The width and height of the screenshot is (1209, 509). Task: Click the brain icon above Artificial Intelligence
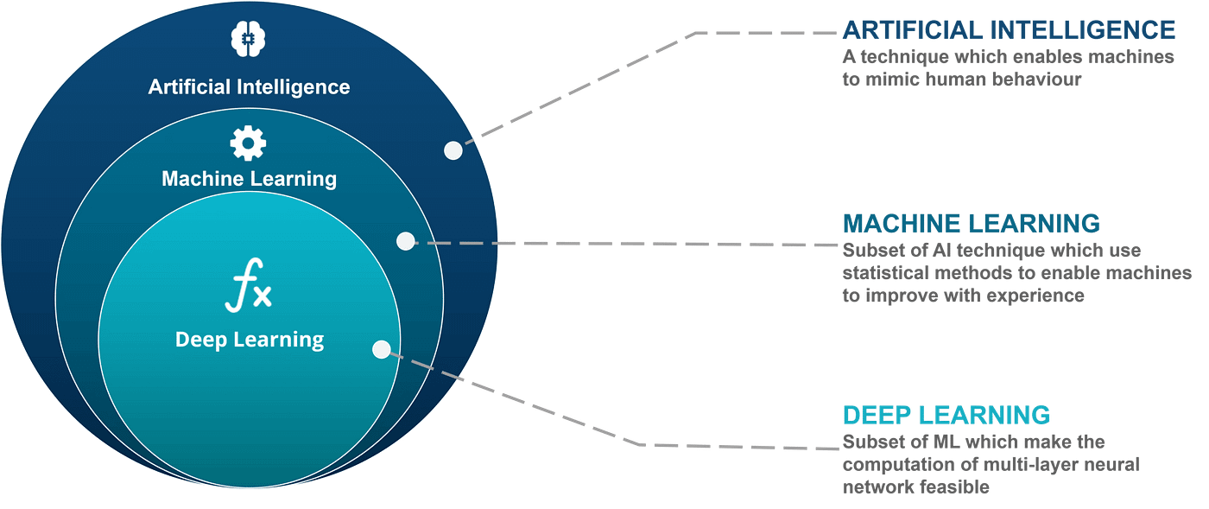(248, 38)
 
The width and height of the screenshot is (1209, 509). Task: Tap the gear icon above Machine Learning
(248, 143)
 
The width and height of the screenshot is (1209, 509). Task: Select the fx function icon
(248, 290)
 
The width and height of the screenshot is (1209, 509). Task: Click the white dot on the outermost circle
(453, 150)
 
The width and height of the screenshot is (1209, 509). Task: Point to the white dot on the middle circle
(405, 241)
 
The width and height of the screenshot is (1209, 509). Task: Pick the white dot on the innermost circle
(381, 349)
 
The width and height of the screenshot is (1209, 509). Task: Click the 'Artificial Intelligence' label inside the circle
(249, 87)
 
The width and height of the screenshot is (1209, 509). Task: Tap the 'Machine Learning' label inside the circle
(249, 179)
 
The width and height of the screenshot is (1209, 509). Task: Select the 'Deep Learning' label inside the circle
(250, 340)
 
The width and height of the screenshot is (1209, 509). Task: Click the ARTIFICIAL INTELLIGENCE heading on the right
(1009, 30)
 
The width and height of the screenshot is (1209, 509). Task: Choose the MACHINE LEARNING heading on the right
(972, 223)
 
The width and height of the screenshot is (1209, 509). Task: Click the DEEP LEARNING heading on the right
(946, 415)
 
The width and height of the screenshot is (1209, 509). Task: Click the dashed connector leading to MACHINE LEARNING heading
(622, 243)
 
